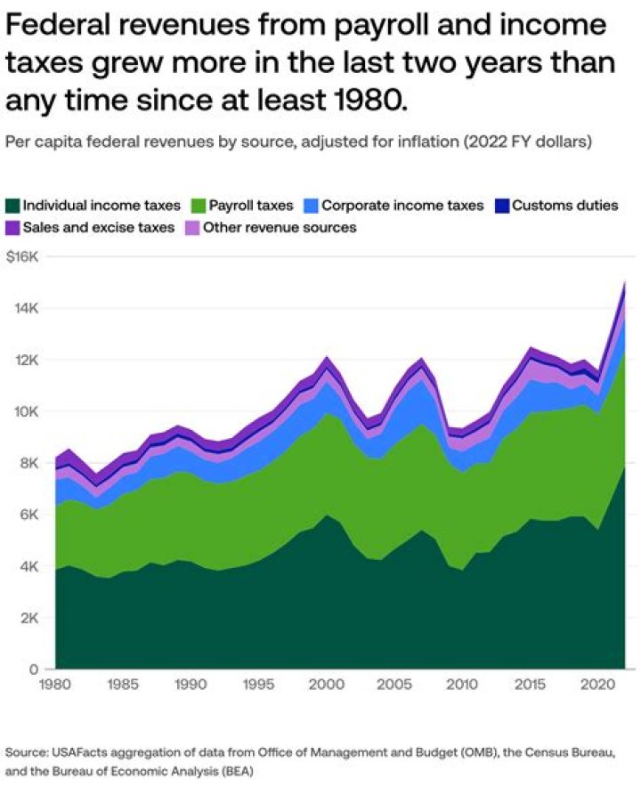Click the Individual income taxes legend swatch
(x=13, y=206)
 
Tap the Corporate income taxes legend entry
(x=402, y=206)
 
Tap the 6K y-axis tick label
(x=29, y=515)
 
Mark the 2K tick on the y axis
(x=29, y=619)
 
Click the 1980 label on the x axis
(x=56, y=686)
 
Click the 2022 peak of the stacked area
(x=625, y=282)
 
